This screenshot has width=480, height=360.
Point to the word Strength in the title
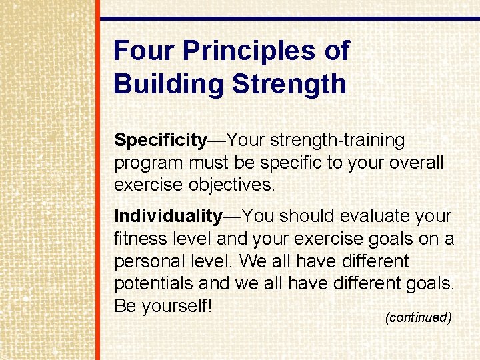(289, 85)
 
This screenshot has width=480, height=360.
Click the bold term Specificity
(160, 141)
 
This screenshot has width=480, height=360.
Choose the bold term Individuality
(168, 217)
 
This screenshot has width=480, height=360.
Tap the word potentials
(154, 283)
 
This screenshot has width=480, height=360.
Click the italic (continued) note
(419, 317)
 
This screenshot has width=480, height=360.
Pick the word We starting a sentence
(251, 261)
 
